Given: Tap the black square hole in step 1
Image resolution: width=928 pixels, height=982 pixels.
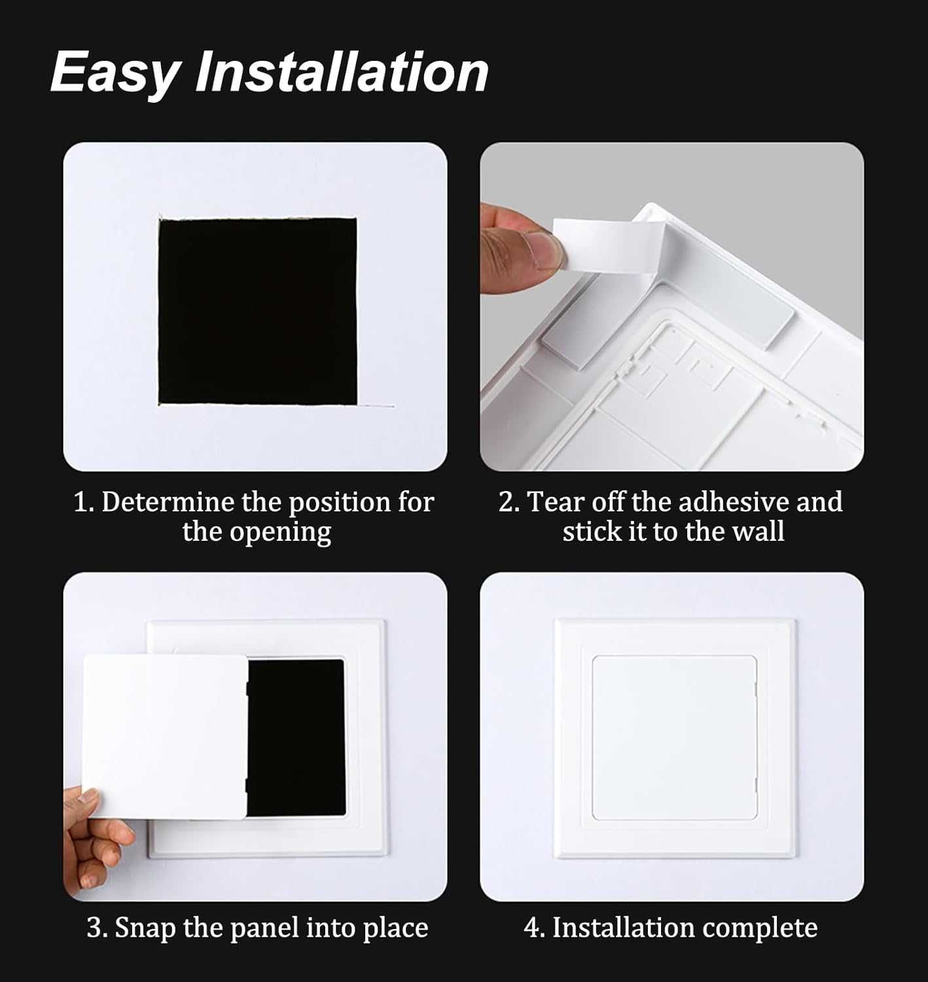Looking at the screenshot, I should (x=258, y=312).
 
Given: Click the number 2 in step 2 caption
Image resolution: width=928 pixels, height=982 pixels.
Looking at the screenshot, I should (x=505, y=503).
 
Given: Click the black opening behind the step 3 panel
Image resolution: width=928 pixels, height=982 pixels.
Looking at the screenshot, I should (x=298, y=736).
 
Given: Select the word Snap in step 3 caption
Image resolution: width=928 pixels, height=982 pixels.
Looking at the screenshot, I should (x=146, y=928).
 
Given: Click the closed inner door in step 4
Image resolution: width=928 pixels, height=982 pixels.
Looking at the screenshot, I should (x=674, y=737).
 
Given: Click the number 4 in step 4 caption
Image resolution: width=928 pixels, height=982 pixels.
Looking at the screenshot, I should (x=531, y=928).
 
